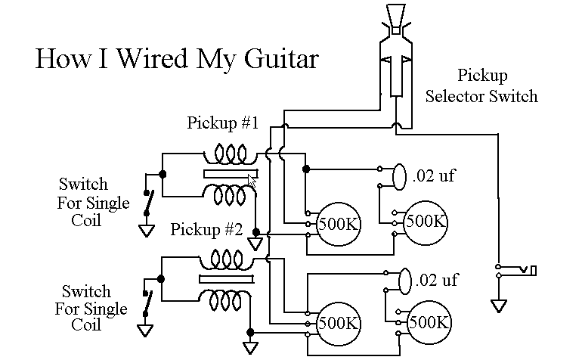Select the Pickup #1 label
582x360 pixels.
click(223, 123)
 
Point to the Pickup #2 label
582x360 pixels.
click(206, 229)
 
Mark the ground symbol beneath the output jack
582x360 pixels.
click(498, 306)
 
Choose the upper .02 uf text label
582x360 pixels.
click(434, 177)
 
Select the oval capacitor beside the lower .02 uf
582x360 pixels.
click(404, 280)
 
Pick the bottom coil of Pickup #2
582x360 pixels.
click(224, 301)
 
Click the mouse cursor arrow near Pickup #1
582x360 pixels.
click(252, 182)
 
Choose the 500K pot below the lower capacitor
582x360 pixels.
click(429, 321)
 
